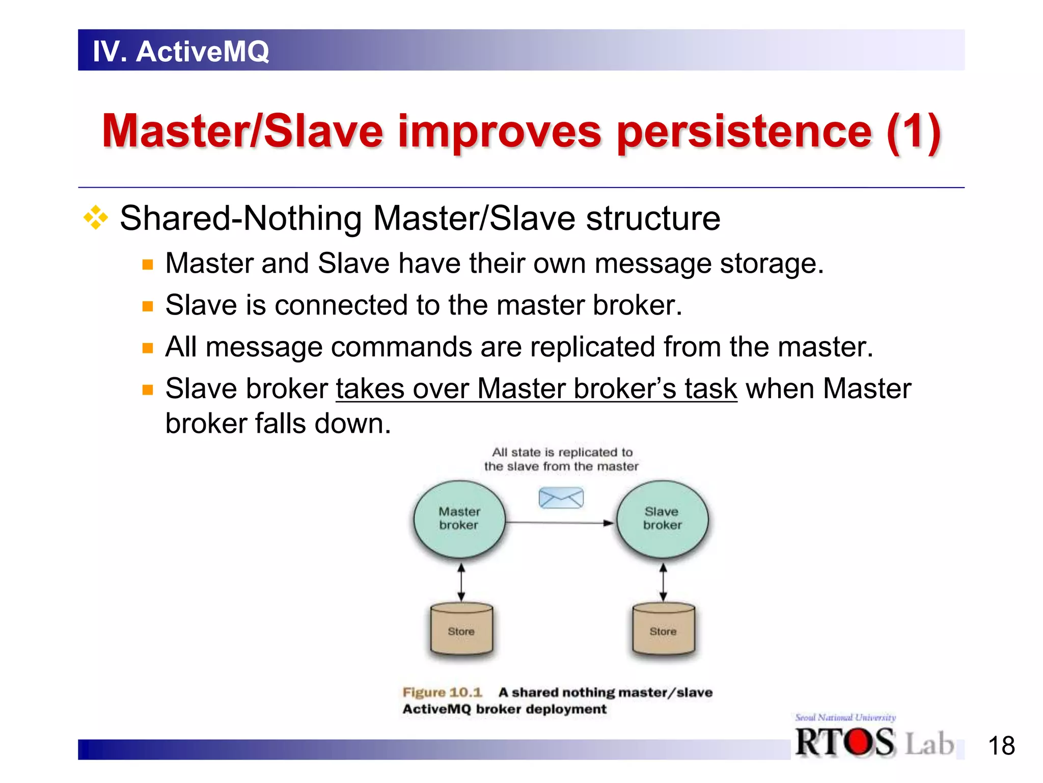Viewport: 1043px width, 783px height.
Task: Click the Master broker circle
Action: pos(459,519)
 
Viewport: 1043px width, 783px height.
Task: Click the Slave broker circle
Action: pos(662,519)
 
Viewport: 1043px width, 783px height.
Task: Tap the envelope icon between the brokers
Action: pos(561,498)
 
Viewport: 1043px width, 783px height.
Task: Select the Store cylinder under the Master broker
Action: pos(461,630)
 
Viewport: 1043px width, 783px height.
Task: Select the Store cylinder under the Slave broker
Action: pos(663,630)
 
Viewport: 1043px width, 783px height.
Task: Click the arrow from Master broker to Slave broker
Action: pos(560,523)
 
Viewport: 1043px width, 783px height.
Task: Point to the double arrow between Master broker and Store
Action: pos(461,582)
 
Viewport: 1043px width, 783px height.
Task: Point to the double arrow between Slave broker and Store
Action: pos(663,582)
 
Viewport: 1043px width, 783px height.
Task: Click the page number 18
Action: pos(1001,746)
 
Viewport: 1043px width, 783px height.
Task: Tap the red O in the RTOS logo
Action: pos(860,742)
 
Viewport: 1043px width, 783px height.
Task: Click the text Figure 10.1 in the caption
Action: pos(442,692)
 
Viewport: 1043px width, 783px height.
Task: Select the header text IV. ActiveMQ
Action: pos(181,51)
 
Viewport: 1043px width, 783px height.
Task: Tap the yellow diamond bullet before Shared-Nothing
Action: pos(96,218)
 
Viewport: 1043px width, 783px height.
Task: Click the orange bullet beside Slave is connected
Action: pos(148,306)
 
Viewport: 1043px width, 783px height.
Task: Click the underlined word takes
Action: pos(370,389)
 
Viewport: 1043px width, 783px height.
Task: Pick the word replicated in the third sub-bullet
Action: pos(593,347)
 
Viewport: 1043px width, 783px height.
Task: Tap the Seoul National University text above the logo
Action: pos(845,718)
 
